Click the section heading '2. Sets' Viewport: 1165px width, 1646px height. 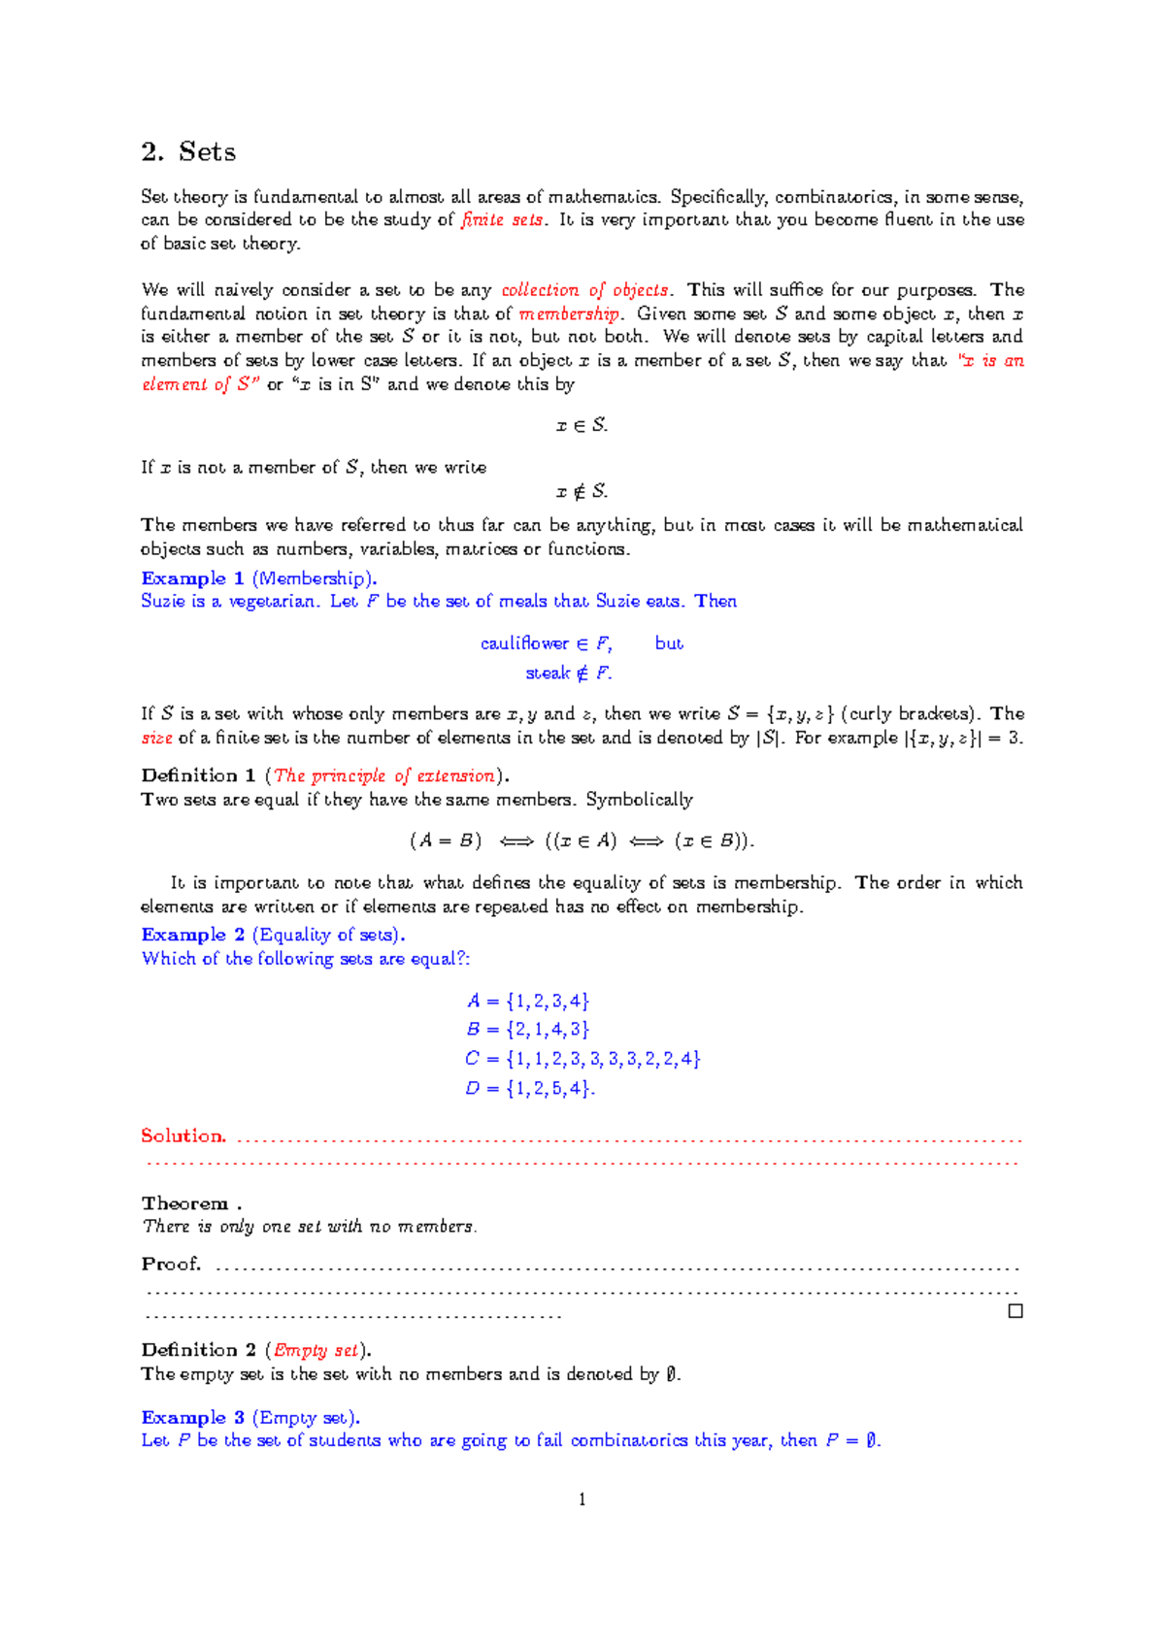point(188,152)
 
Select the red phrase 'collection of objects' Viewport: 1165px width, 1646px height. point(584,290)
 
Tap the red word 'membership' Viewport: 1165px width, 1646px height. point(569,313)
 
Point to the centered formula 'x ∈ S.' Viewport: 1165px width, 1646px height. point(582,425)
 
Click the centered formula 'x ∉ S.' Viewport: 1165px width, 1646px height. point(582,492)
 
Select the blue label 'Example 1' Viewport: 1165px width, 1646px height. point(192,578)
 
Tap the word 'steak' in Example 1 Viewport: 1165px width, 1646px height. point(548,674)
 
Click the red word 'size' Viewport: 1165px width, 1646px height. point(156,739)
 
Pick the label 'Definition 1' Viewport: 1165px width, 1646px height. point(198,775)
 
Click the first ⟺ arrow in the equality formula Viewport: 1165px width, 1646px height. point(516,841)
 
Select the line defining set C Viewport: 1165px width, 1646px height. point(582,1059)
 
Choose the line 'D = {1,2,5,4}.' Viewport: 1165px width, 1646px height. point(530,1089)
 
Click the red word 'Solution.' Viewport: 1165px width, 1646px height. point(183,1136)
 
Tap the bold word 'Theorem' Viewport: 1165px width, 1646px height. point(184,1203)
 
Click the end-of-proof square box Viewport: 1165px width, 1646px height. point(1015,1311)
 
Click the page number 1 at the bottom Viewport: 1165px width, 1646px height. point(582,1499)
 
